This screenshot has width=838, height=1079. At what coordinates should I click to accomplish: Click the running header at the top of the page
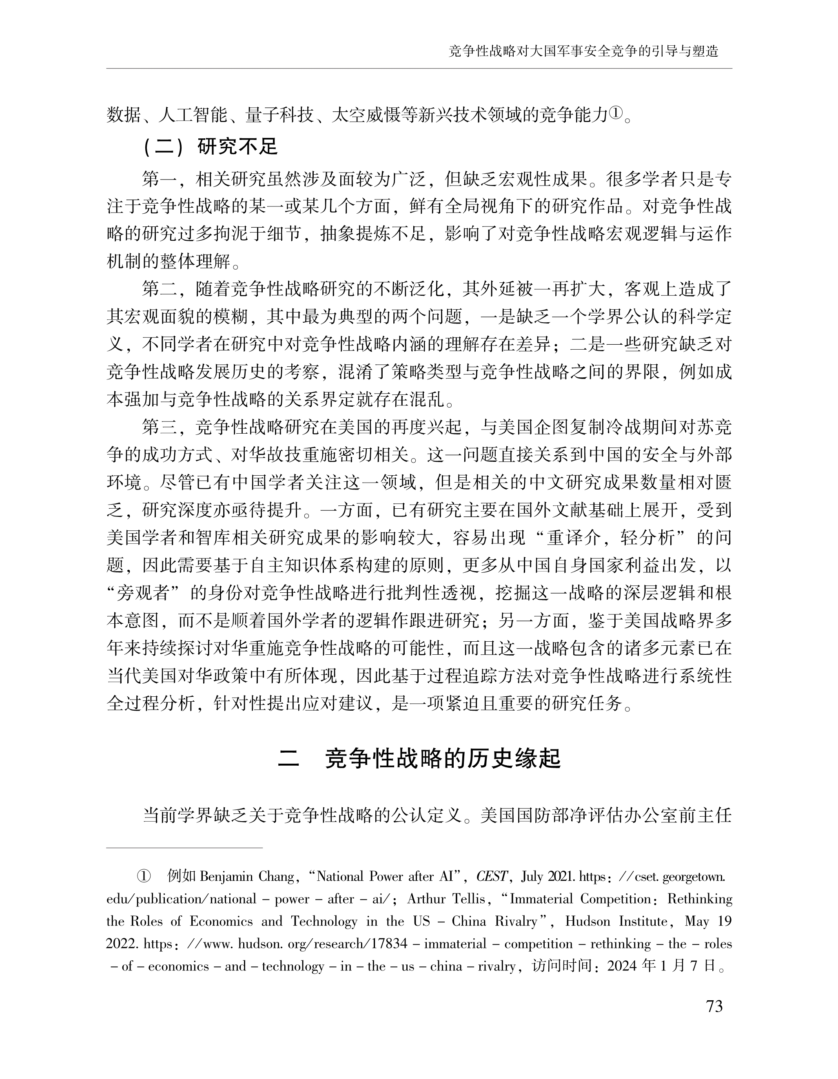tap(583, 51)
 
